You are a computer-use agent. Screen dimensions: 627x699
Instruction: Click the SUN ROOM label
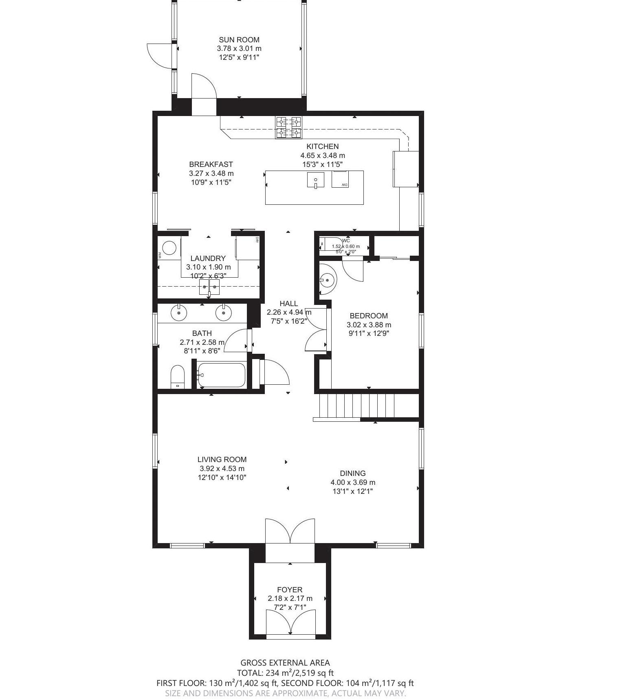coord(239,39)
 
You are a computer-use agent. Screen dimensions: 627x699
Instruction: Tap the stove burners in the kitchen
coord(289,127)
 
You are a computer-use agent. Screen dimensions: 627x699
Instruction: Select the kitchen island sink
coord(315,180)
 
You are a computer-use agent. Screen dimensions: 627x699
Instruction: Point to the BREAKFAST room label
coord(211,164)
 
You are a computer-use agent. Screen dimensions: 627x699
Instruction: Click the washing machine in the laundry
coord(169,248)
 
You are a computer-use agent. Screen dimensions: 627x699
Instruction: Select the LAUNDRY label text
coord(208,258)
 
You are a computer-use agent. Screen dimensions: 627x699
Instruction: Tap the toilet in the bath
coord(178,377)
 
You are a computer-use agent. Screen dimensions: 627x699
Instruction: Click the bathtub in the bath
coord(221,375)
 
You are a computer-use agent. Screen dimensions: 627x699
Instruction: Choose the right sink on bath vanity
coord(224,313)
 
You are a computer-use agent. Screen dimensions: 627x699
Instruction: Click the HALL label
coord(288,303)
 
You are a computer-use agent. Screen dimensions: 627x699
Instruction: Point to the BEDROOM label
coord(369,316)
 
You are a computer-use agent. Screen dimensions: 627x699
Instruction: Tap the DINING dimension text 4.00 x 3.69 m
coord(353,482)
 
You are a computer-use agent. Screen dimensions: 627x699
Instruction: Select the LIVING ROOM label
coord(222,460)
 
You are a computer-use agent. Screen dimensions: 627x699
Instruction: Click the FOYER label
coord(290,589)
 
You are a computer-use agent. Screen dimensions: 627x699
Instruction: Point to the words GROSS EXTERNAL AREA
coord(285,663)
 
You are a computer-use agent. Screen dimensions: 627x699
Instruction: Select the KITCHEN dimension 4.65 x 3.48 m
coord(323,156)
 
